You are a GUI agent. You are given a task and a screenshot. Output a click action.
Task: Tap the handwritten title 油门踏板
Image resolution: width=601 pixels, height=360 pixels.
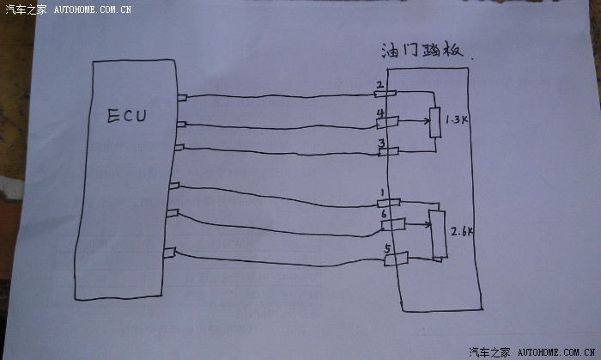[x=422, y=50]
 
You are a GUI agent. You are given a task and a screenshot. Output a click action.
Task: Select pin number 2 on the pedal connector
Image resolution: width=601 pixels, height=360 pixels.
[x=379, y=85]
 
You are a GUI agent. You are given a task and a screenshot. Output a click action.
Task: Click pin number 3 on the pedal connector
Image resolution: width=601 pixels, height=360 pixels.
[x=379, y=143]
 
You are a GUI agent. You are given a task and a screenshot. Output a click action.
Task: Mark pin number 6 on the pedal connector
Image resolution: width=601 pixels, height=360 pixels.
[x=383, y=213]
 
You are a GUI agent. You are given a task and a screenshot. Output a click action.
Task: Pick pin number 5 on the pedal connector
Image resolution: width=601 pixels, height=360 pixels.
[x=387, y=249]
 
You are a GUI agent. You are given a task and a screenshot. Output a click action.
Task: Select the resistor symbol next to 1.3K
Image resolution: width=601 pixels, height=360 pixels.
[x=435, y=123]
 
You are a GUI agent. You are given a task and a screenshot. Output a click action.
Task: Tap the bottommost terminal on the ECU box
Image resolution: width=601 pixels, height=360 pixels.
[x=169, y=253]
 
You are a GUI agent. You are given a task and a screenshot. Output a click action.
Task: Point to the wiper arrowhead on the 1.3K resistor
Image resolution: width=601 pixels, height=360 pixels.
[x=426, y=122]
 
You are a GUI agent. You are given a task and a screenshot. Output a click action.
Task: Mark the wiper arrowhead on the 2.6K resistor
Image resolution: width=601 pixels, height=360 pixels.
[x=428, y=226]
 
